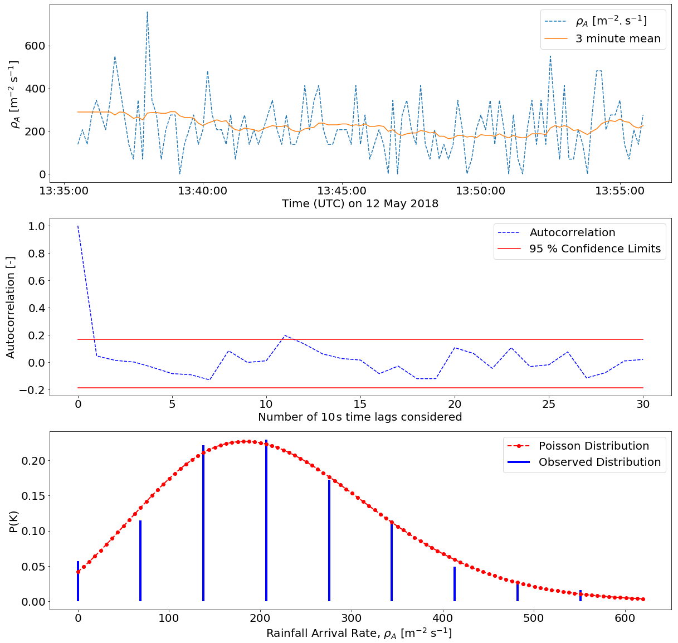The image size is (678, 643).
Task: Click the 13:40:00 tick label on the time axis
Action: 202,191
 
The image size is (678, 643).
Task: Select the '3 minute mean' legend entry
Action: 617,39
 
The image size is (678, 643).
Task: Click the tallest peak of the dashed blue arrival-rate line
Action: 147,12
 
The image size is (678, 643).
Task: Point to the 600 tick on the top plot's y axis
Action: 34,46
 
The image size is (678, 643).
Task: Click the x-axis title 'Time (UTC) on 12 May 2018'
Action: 360,204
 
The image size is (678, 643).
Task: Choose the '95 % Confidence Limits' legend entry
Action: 594,249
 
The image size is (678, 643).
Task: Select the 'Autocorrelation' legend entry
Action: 572,233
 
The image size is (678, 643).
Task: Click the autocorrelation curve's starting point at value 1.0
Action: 78,226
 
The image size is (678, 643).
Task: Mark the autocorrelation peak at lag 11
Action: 285,335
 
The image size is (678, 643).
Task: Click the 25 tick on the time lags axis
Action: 549,403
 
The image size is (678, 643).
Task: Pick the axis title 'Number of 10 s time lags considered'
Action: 360,417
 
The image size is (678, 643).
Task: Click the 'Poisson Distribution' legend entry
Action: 593,446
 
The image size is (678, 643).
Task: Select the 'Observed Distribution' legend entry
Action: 599,462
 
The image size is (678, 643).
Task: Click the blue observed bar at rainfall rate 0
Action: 78,582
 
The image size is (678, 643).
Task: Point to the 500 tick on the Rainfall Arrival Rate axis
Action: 534,618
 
